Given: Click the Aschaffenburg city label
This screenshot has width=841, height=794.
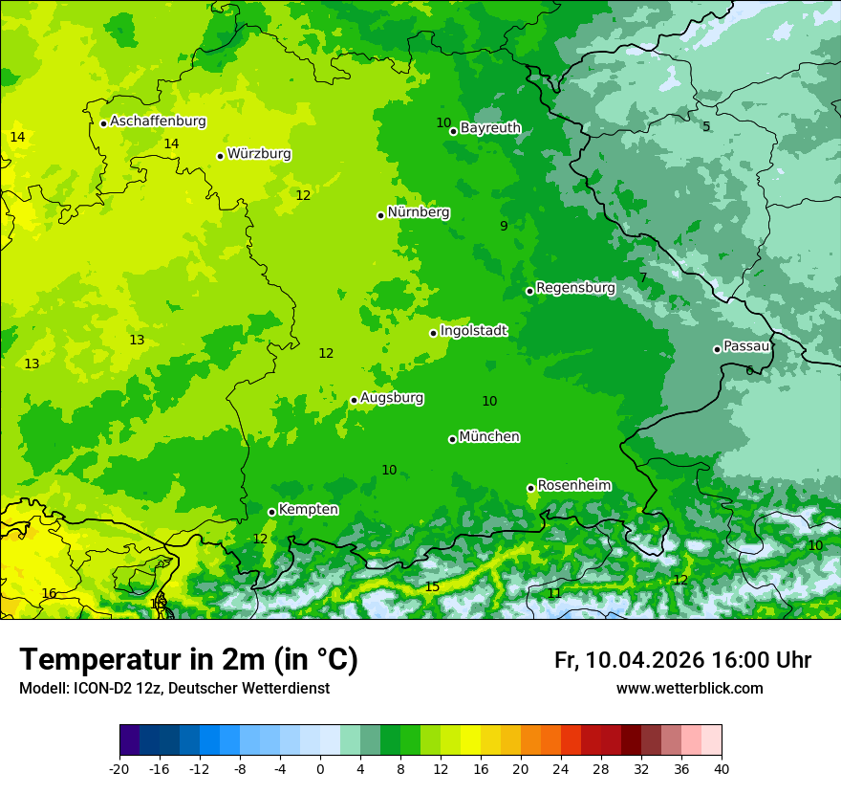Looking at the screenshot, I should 158,121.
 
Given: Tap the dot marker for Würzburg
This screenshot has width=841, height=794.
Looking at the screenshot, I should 220,156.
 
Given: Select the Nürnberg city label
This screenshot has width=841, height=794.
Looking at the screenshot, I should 419,212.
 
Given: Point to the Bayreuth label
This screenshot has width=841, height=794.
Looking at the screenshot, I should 490,127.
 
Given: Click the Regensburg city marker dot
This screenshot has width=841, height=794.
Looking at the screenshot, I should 529,291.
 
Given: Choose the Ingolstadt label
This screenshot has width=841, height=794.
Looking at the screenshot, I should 473,330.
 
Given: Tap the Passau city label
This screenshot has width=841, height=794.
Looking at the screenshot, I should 746,346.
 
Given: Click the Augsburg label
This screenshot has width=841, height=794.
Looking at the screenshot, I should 392,397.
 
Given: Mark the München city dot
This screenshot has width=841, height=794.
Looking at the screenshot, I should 452,439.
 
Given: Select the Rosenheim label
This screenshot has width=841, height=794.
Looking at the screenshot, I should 573,485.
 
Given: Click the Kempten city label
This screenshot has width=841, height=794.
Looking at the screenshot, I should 308,509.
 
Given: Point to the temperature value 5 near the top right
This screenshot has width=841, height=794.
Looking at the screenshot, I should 706,126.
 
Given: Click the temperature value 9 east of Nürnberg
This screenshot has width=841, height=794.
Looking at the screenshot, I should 504,226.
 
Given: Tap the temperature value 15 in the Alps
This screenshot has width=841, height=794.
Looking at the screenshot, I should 432,586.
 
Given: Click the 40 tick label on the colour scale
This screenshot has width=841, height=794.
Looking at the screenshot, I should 722,768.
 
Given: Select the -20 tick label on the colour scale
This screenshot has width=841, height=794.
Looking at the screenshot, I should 119,768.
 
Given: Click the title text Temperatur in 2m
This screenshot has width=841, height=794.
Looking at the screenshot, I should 143,660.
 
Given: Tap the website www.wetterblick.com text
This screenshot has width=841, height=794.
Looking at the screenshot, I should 689,688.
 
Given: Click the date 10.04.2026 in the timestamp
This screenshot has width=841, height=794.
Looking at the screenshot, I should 645,660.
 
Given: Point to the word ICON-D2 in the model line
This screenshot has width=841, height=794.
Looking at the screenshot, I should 87,688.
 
